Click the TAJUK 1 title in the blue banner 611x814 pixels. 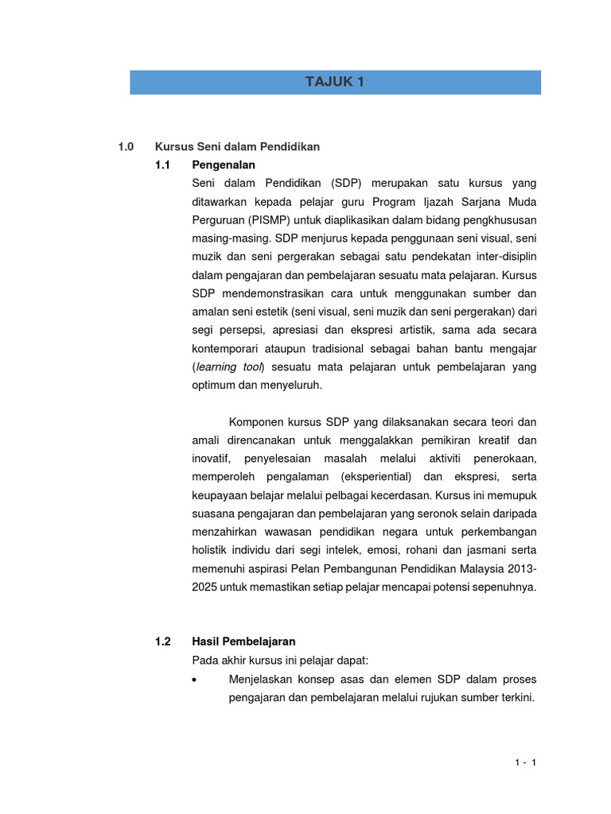tap(335, 82)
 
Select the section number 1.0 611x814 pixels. tap(126, 147)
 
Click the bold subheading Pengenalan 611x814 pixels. tap(224, 165)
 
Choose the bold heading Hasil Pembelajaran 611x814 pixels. tap(243, 641)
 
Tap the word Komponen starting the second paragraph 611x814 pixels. tap(256, 421)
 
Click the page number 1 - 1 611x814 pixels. tap(526, 763)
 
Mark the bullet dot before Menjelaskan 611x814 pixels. tap(196, 680)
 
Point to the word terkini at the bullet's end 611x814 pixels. tap(516, 698)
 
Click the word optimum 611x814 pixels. tap(216, 385)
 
